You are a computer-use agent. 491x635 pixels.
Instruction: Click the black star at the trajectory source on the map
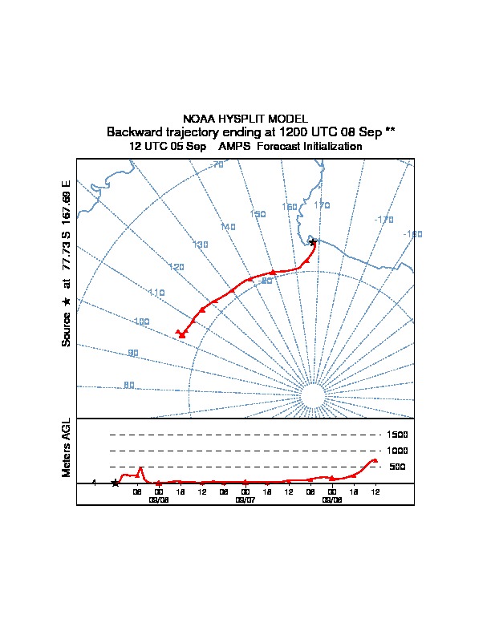(x=313, y=241)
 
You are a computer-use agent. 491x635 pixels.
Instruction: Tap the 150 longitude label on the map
(x=258, y=214)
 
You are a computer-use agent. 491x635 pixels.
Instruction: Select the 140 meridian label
(x=228, y=228)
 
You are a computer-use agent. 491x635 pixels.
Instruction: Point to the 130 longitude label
(x=201, y=245)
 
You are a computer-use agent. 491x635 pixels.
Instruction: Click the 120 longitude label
(x=177, y=267)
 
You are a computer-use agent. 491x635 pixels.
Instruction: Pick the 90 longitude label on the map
(x=132, y=353)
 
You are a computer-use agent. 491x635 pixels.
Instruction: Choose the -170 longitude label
(x=384, y=220)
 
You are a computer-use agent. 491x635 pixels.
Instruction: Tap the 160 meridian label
(x=290, y=207)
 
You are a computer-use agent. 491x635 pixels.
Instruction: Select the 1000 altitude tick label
(x=397, y=451)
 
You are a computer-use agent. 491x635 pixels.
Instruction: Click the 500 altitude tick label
(x=397, y=467)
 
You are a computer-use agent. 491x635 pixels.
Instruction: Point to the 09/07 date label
(x=245, y=499)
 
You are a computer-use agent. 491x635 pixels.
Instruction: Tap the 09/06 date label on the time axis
(x=158, y=499)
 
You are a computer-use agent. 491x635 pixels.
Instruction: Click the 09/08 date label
(x=331, y=499)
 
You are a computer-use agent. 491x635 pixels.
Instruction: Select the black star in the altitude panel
(x=115, y=483)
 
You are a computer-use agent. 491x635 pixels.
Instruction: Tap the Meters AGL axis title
(x=66, y=447)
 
